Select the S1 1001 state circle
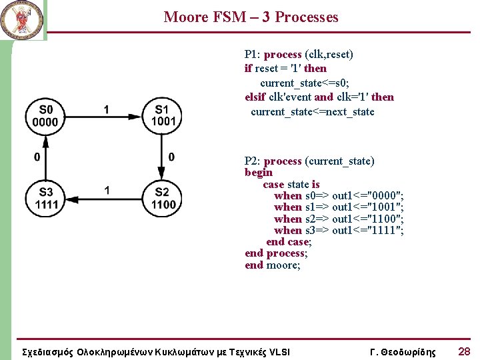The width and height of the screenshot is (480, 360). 162,116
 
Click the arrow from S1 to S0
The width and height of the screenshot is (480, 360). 103,121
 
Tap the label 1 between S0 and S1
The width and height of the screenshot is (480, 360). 107,109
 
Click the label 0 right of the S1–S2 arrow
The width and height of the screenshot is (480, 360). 172,157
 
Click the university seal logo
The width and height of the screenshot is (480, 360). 21,19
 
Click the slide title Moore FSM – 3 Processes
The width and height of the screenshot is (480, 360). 251,17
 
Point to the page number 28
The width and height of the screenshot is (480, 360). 464,351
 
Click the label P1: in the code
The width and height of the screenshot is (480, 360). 253,54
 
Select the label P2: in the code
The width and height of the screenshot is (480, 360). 253,161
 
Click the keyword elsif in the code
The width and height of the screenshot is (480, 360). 255,97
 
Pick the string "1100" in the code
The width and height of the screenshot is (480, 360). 385,219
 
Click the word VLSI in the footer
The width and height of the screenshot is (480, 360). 277,352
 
